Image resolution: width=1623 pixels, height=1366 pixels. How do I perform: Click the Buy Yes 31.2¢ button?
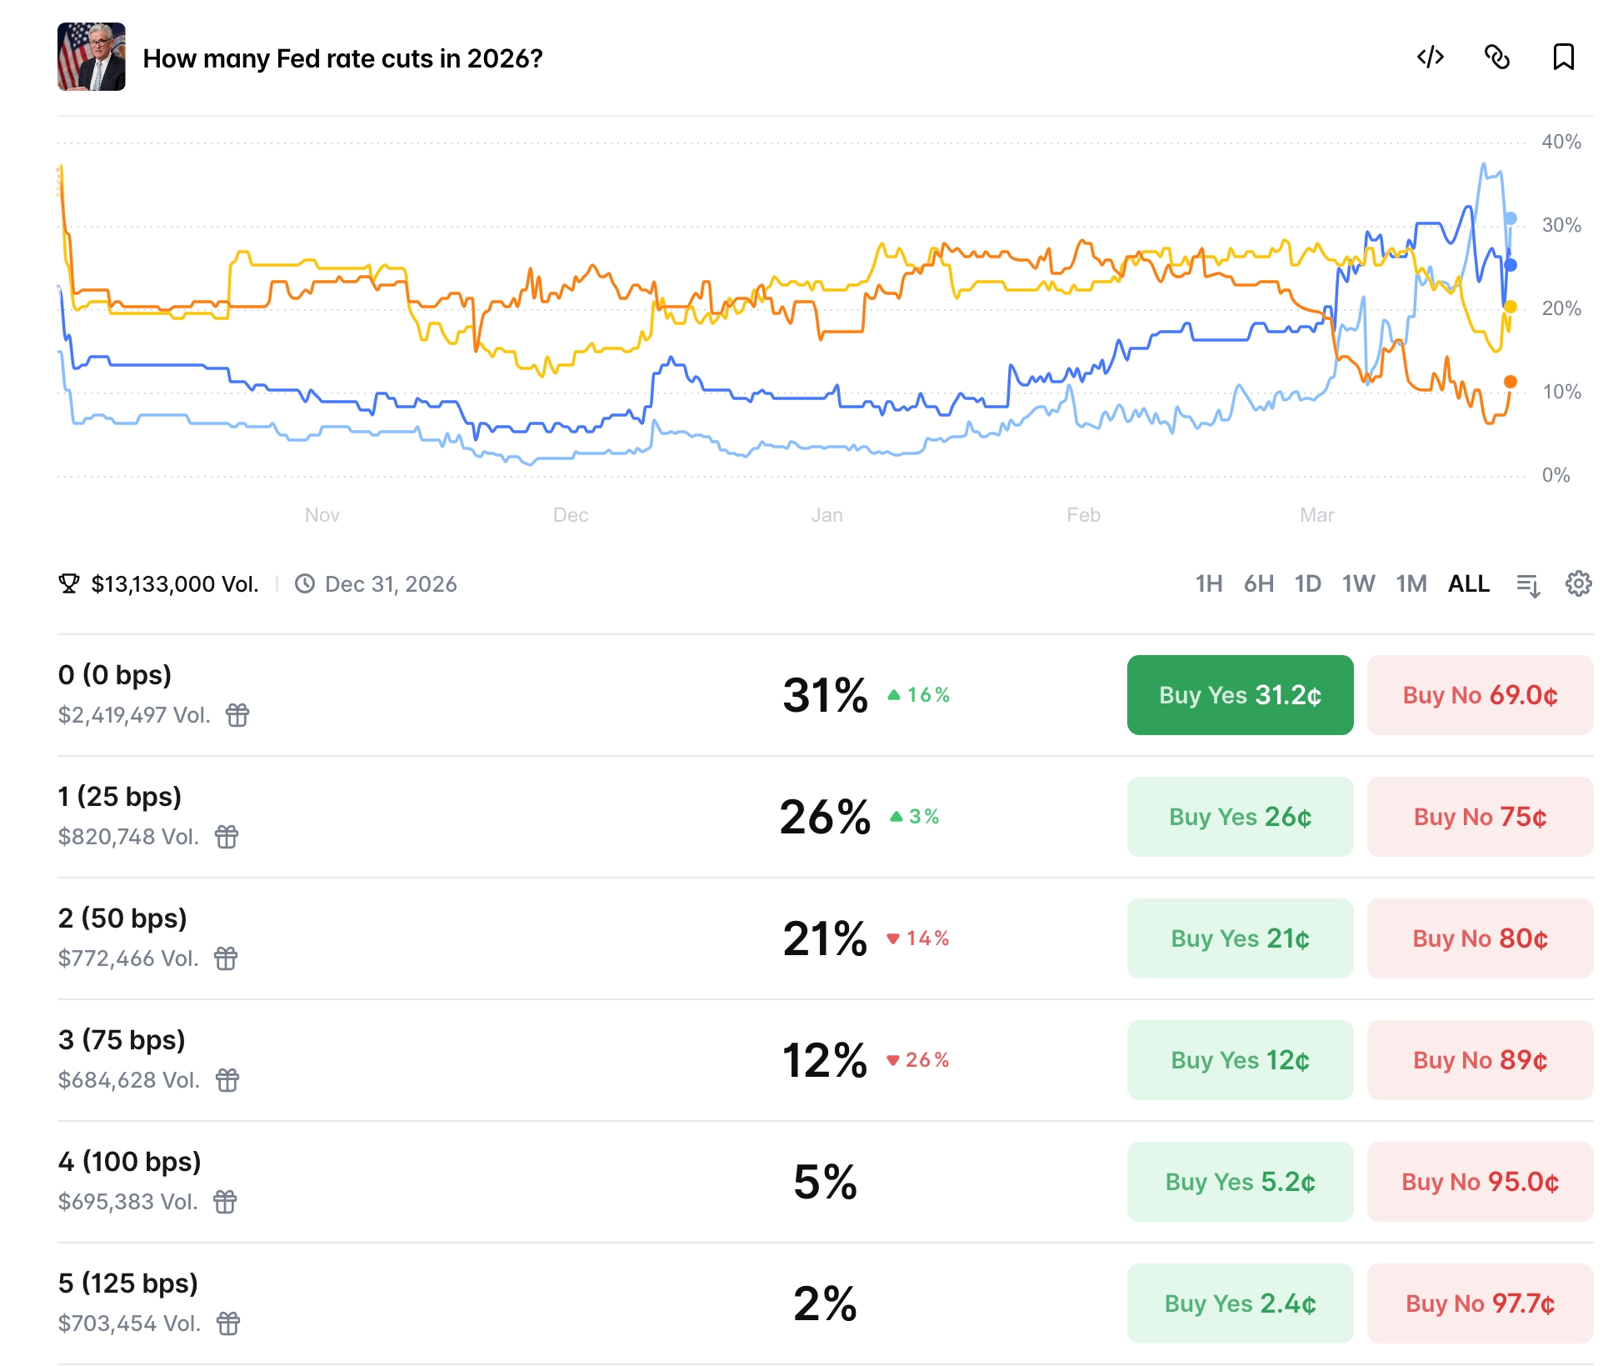pos(1239,695)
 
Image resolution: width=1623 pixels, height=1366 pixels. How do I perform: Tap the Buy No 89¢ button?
pos(1479,1060)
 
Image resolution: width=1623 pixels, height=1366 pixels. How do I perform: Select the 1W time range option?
pos(1357,584)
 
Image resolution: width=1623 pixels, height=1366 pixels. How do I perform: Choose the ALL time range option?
pos(1468,584)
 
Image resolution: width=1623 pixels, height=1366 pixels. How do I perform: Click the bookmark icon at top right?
pos(1563,58)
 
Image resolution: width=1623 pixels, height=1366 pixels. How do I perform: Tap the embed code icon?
pos(1430,58)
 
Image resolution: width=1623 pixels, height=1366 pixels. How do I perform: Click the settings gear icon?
pos(1578,584)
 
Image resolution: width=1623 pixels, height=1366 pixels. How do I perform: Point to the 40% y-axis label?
pos(1561,142)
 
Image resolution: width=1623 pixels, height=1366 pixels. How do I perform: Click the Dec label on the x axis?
pos(571,515)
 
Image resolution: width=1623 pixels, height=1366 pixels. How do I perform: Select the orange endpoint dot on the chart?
pos(1510,382)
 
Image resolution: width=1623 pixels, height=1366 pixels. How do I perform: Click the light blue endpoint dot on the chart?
pos(1510,218)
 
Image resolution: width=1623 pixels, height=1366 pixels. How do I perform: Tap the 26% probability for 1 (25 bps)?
pos(825,817)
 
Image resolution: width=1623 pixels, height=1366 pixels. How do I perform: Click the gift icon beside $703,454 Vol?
pos(228,1323)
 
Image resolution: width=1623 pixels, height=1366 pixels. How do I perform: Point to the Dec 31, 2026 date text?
pos(390,584)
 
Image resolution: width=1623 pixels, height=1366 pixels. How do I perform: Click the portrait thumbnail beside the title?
pos(92,57)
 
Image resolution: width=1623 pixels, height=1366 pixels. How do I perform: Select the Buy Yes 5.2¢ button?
pos(1239,1182)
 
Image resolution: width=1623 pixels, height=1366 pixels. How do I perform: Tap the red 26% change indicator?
pos(918,1060)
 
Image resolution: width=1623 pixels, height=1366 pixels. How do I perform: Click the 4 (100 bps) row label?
pos(130,1162)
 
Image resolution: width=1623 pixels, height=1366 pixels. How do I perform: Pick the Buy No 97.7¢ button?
pos(1479,1303)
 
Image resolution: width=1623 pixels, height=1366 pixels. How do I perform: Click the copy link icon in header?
pos(1496,58)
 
